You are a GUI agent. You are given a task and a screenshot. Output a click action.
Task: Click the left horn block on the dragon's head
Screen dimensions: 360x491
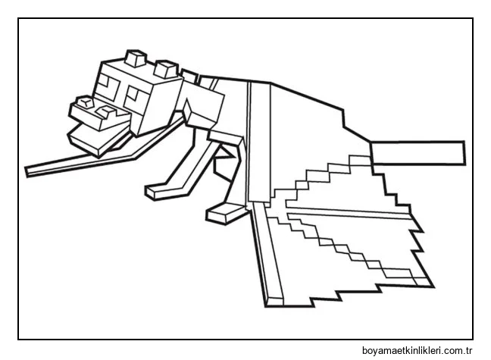pyautogui.click(x=136, y=59)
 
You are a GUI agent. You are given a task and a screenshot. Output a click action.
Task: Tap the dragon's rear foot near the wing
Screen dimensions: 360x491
pyautogui.click(x=220, y=211)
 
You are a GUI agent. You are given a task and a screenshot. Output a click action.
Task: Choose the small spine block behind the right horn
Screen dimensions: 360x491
pyautogui.click(x=189, y=74)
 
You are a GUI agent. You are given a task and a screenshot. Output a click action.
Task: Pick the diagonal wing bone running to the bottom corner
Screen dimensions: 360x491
pyautogui.click(x=261, y=250)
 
